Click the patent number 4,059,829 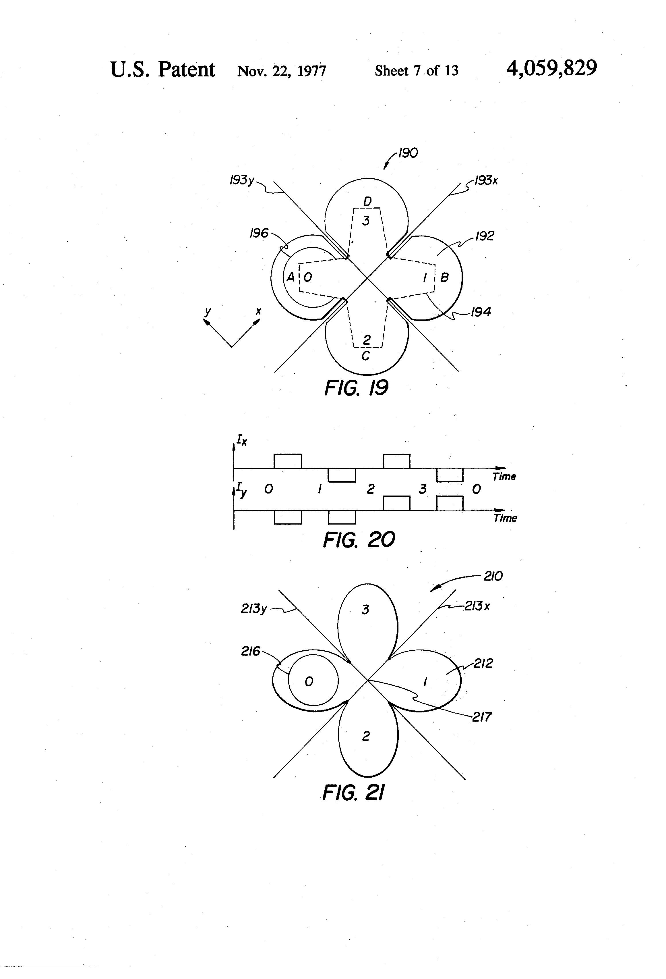pos(551,68)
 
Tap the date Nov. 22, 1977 pos(282,70)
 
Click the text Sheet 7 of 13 pos(416,70)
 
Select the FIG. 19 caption pos(356,388)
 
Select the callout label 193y pos(242,180)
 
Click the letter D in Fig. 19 pos(367,202)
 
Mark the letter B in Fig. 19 pos(445,277)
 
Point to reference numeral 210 pos(493,576)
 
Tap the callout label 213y pos(253,609)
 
